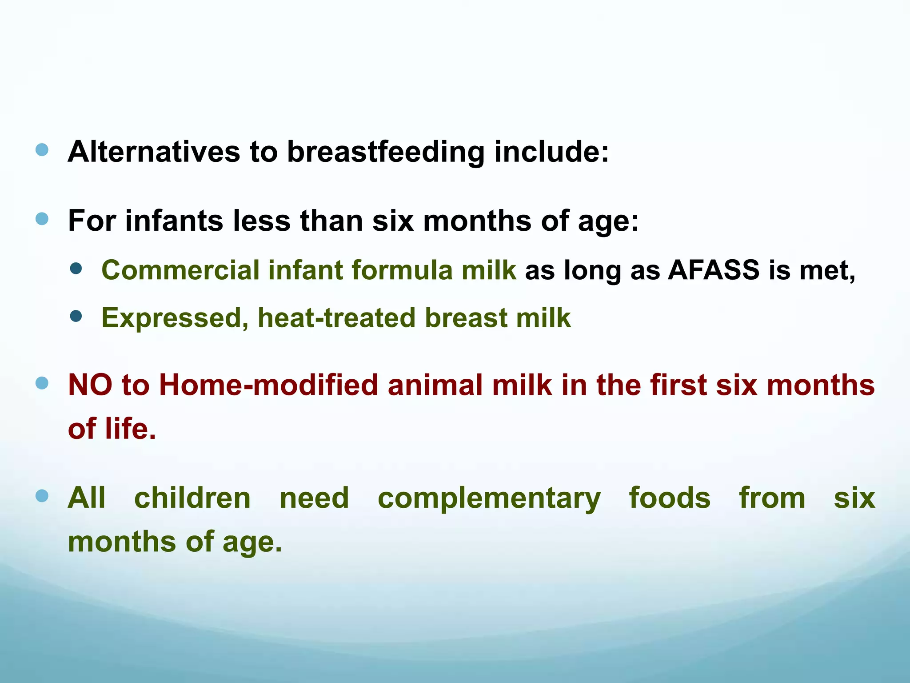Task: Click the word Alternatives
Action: (154, 152)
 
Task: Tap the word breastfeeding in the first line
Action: (385, 152)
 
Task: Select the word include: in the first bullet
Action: (551, 152)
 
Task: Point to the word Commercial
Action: (180, 270)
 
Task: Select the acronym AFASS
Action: (714, 270)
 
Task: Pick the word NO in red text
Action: (90, 385)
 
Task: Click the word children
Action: (192, 498)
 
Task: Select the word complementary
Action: (489, 498)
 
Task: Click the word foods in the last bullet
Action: (670, 498)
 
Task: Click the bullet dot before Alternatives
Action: (42, 150)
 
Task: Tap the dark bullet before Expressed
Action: (76, 316)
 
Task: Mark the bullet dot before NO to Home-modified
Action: (42, 383)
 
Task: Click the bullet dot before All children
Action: (42, 496)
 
